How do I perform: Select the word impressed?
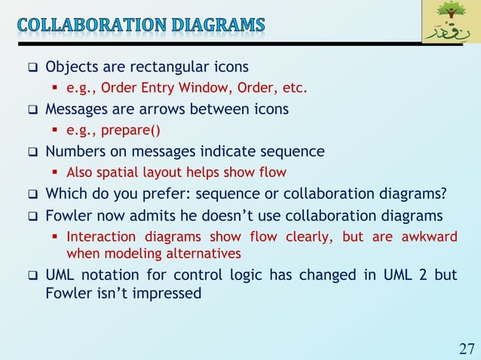click(167, 292)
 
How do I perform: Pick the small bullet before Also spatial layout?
click(57, 172)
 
